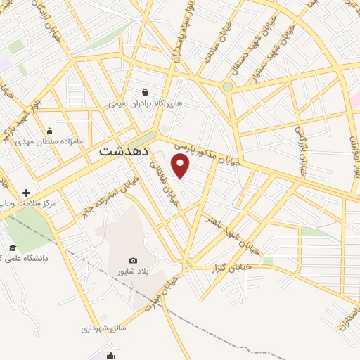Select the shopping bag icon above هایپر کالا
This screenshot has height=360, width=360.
coord(145,92)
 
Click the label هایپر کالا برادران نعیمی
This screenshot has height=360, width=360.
coord(145,103)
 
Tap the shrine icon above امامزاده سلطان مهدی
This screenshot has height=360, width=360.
coord(50,130)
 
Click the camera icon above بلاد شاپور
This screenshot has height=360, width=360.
coord(134,260)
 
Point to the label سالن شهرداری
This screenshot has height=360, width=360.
coord(103,328)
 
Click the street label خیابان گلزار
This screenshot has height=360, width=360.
coord(231,267)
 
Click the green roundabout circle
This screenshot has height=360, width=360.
coord(228,86)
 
